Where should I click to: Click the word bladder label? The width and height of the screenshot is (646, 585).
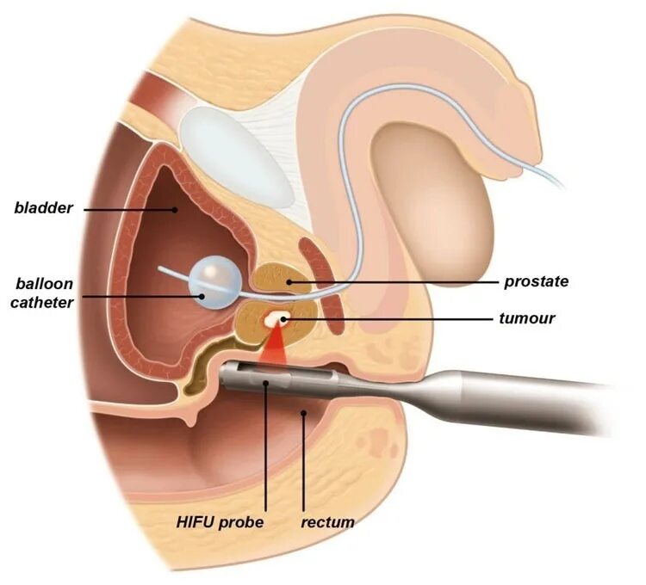coord(44,207)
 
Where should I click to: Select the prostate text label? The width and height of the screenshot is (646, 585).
coord(535,281)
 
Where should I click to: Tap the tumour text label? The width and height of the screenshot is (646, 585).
coord(527,318)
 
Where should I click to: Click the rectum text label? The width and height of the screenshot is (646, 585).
coord(328,521)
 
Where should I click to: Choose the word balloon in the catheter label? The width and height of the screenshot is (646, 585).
coord(43,283)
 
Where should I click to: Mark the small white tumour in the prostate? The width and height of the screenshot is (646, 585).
coord(276,319)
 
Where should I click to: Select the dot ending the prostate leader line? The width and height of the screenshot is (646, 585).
coord(289,281)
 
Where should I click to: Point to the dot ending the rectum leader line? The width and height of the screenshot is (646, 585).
coord(302,415)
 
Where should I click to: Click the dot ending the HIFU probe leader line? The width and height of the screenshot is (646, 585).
coord(265,385)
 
